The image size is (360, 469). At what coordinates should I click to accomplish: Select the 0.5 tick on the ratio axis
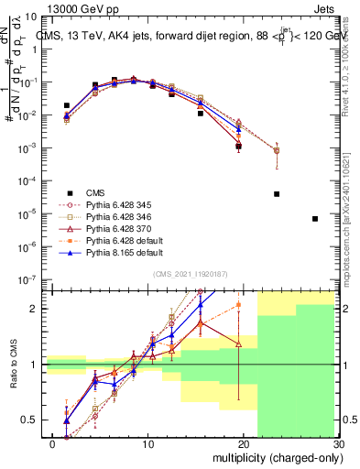[30, 420]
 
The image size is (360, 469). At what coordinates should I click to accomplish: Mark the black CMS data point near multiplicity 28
[315, 219]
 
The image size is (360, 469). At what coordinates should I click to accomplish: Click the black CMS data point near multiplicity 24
[277, 194]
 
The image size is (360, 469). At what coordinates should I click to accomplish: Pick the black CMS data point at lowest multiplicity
[66, 106]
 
